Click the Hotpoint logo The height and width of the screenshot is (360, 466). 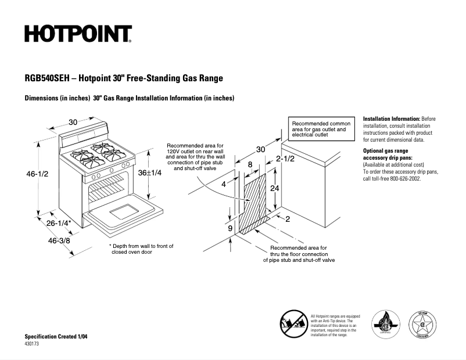78,34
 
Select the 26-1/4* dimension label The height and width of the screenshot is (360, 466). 59,223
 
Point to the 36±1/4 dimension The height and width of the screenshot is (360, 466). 149,172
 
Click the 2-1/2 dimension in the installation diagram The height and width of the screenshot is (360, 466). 285,159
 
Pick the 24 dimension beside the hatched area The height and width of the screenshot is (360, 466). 275,189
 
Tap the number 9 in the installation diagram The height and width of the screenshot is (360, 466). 230,229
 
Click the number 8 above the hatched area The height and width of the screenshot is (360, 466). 250,165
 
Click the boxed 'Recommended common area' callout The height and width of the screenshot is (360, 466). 321,129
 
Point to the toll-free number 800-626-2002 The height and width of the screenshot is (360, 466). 402,179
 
